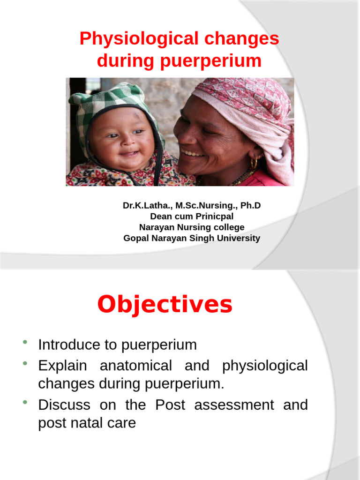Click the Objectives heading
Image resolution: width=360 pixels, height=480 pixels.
tap(165, 305)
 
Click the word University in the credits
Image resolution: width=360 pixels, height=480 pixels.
tap(238, 238)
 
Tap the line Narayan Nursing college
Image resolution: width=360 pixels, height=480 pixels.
tap(191, 227)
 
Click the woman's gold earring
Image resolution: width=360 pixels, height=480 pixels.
tap(254, 163)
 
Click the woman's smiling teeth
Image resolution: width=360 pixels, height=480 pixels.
tap(192, 153)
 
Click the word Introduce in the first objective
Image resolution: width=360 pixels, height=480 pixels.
tap(69, 345)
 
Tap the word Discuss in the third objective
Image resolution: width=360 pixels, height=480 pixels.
tap(64, 405)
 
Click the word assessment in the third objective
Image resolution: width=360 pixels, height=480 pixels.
tap(234, 405)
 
